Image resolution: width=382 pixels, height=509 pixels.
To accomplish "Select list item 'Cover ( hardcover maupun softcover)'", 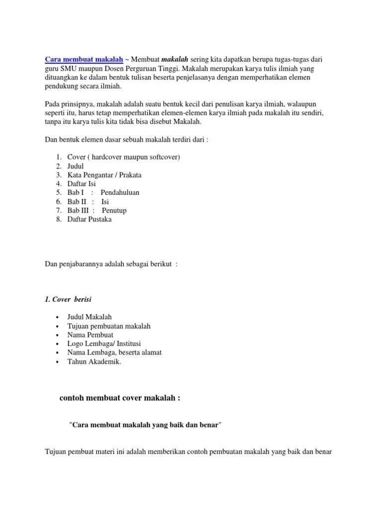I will [123, 157].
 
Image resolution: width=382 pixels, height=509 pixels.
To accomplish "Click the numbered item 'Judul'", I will [76, 166].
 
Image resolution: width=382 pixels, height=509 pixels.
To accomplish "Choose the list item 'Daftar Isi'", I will [82, 184].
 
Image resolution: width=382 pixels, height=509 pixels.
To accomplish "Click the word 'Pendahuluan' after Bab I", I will [120, 193].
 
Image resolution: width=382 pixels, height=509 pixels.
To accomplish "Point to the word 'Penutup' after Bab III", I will [114, 211].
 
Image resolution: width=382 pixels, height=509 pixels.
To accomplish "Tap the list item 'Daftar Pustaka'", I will [90, 220].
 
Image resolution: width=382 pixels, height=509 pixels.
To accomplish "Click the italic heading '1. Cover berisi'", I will [68, 299].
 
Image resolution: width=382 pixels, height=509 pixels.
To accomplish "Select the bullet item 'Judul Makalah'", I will [90, 317].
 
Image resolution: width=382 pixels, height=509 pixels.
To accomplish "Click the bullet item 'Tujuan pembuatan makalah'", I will [109, 326].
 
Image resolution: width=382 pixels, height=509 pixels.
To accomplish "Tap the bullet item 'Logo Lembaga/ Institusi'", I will [104, 344].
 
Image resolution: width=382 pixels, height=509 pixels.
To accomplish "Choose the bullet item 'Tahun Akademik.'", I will [94, 362].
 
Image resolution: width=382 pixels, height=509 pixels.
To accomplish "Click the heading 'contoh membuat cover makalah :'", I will [119, 398].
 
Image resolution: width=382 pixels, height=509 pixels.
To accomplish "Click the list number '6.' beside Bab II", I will [59, 202].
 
